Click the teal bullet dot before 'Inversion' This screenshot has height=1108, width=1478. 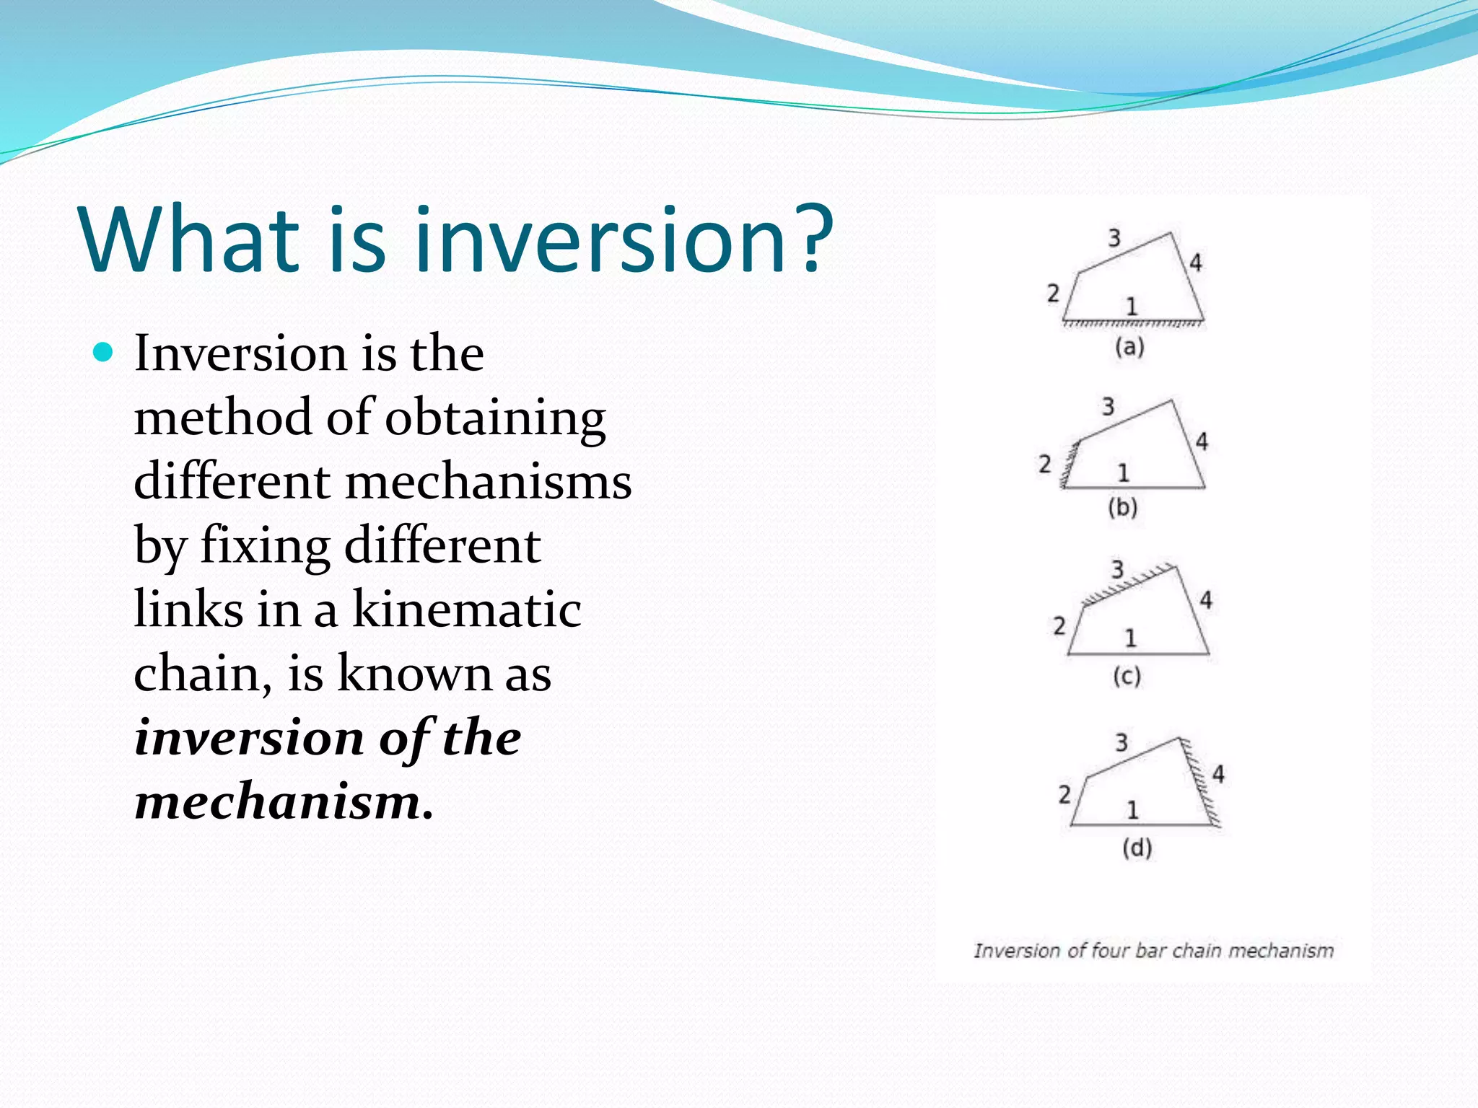pyautogui.click(x=104, y=353)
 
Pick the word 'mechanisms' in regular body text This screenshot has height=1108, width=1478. pyautogui.click(x=489, y=482)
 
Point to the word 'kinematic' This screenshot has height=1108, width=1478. pyautogui.click(x=466, y=610)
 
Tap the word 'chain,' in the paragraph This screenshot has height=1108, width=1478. pyautogui.click(x=203, y=674)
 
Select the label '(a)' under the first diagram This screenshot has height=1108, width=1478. pyautogui.click(x=1129, y=348)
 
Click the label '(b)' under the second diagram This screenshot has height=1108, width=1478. pyautogui.click(x=1122, y=508)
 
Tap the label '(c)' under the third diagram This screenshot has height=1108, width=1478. pyautogui.click(x=1126, y=677)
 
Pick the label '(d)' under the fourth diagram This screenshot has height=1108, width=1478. pyautogui.click(x=1137, y=848)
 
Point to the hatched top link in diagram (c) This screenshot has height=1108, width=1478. pyautogui.click(x=1129, y=583)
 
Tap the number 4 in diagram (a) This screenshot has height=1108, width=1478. pyautogui.click(x=1195, y=263)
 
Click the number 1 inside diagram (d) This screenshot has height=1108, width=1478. pyautogui.click(x=1132, y=810)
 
